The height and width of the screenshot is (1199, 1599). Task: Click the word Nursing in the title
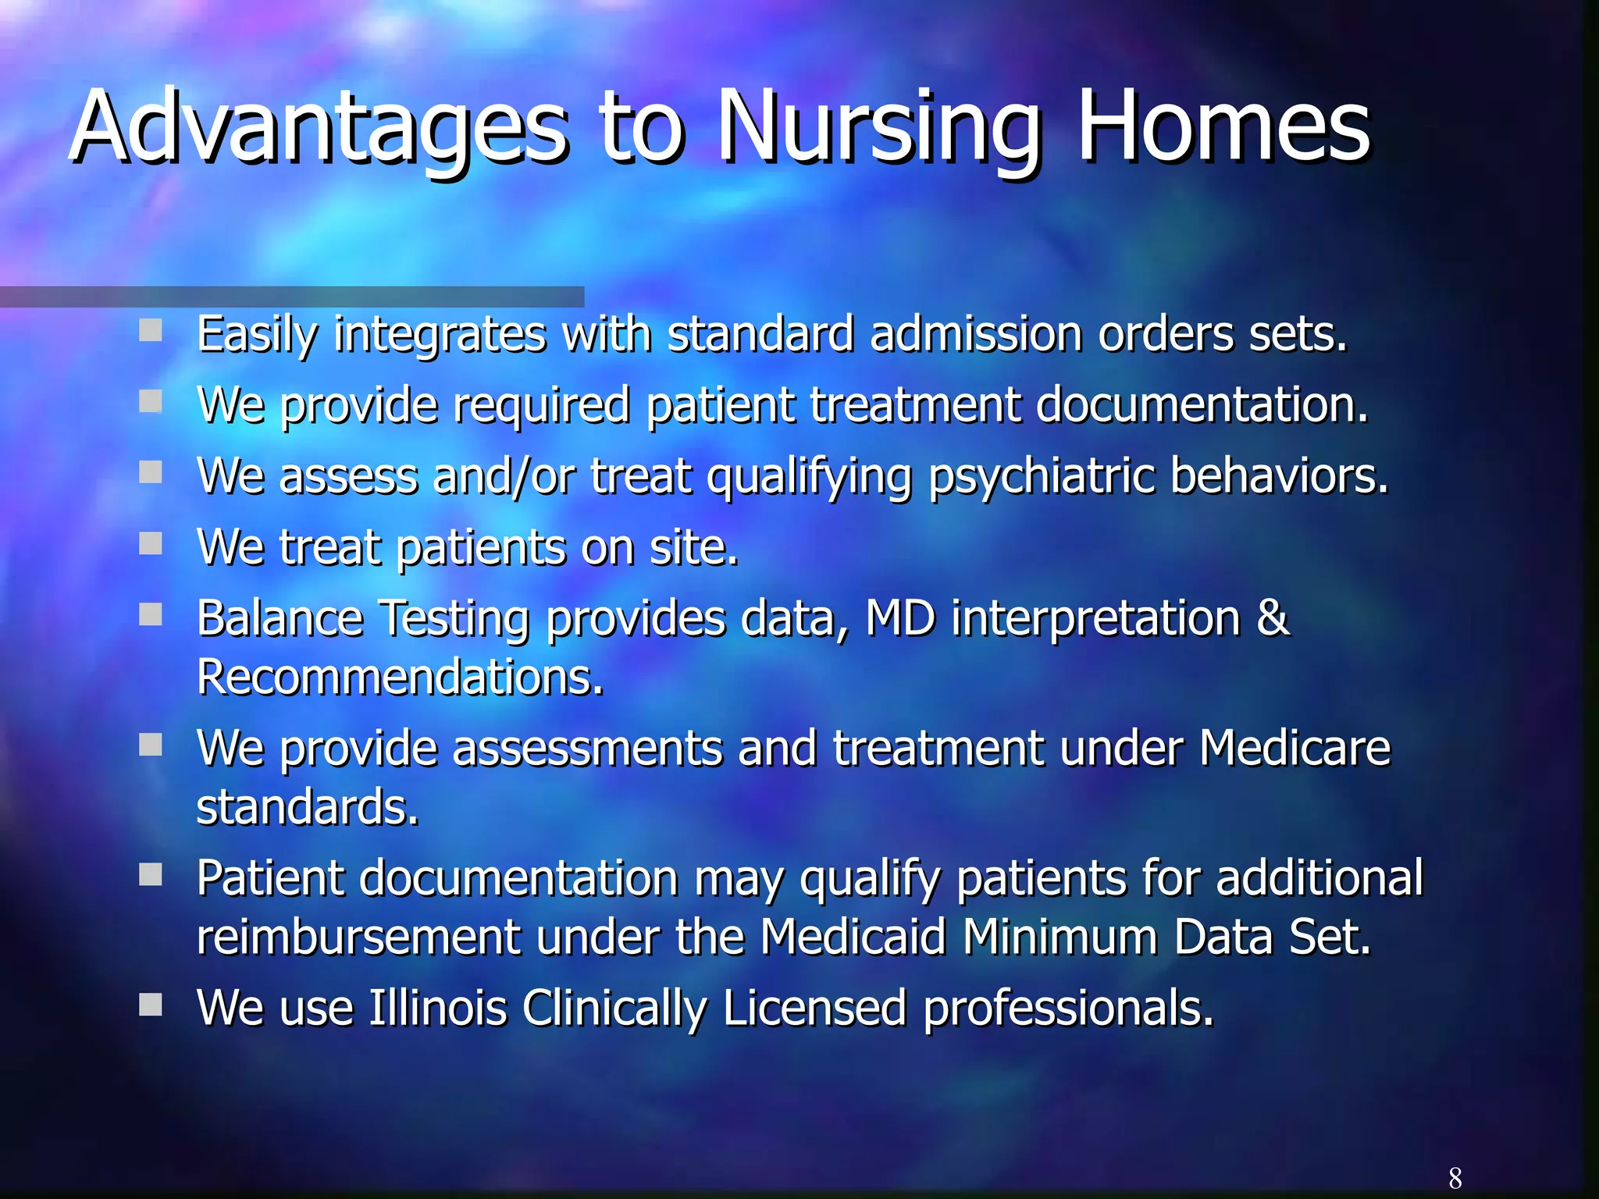pyautogui.click(x=878, y=129)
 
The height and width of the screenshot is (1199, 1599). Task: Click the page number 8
pyautogui.click(x=1455, y=1177)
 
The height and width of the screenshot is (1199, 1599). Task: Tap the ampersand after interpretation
pyautogui.click(x=1273, y=617)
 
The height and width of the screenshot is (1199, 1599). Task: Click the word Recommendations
pyautogui.click(x=399, y=678)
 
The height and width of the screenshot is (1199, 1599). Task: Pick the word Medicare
pyautogui.click(x=1295, y=748)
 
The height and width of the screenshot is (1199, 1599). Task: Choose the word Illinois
pyautogui.click(x=438, y=1008)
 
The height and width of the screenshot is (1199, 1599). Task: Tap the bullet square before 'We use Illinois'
pyautogui.click(x=150, y=1005)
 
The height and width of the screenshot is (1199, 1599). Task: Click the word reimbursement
pyautogui.click(x=358, y=937)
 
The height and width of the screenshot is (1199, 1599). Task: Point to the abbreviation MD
pyautogui.click(x=900, y=618)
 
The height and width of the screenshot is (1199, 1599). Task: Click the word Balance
pyautogui.click(x=280, y=618)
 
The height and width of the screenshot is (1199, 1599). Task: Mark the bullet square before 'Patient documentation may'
pyautogui.click(x=150, y=875)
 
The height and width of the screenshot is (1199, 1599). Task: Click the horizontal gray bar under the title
pyautogui.click(x=292, y=297)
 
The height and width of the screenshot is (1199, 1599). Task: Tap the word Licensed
pyautogui.click(x=814, y=1008)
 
